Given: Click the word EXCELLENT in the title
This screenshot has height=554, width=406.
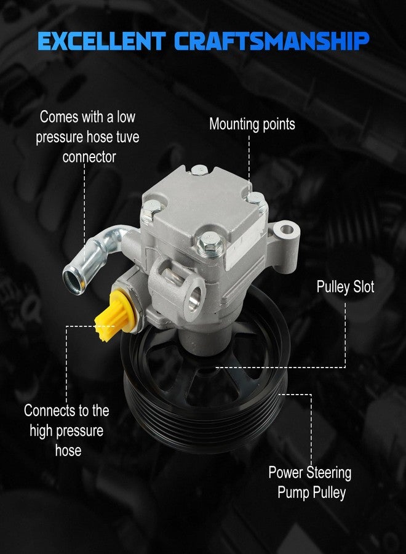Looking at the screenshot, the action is coord(101,41).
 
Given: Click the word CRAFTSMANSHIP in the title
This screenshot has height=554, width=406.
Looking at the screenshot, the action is coord(272,41).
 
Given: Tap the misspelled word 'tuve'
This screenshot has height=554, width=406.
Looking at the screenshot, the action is coord(127,137).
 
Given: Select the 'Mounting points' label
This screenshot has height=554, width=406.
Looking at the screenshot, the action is coord(252,124).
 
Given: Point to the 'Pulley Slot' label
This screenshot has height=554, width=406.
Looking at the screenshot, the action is coord(345,286).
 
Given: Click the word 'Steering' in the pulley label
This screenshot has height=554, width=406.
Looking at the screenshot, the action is coord(328,473).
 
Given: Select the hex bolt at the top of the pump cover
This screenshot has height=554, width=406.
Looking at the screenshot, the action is coord(199,171).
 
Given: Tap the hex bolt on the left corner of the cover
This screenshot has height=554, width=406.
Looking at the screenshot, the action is coord(151,209).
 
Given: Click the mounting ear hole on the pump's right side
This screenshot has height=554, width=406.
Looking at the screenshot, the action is coord(286,230).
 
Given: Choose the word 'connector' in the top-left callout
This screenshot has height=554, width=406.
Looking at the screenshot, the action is coord(89,157).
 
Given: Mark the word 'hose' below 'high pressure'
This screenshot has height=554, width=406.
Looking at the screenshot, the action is coord(68,451).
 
